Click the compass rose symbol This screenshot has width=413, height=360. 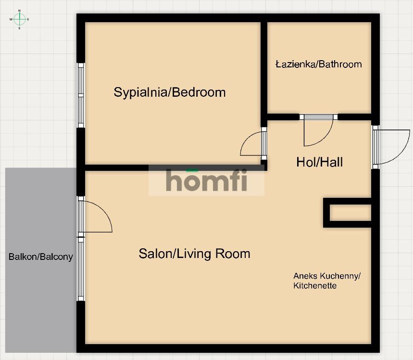(x=19, y=19)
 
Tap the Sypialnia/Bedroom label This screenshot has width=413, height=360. (x=170, y=92)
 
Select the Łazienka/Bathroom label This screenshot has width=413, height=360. (x=319, y=64)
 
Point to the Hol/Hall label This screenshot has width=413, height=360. (x=320, y=162)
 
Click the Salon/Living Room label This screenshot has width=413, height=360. (x=194, y=254)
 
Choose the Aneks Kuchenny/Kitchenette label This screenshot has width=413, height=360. (x=327, y=281)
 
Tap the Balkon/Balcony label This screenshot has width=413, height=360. (x=40, y=257)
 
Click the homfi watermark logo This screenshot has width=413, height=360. (x=207, y=180)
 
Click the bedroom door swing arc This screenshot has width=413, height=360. (x=246, y=139)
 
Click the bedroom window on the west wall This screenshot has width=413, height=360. (x=81, y=95)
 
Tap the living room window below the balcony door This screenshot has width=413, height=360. (x=81, y=269)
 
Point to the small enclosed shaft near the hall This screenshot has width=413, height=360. (x=348, y=213)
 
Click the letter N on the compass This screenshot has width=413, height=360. (x=19, y=11)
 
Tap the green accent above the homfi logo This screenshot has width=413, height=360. (x=192, y=170)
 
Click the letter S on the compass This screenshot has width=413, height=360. (x=19, y=28)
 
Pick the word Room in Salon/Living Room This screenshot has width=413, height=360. (x=233, y=254)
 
